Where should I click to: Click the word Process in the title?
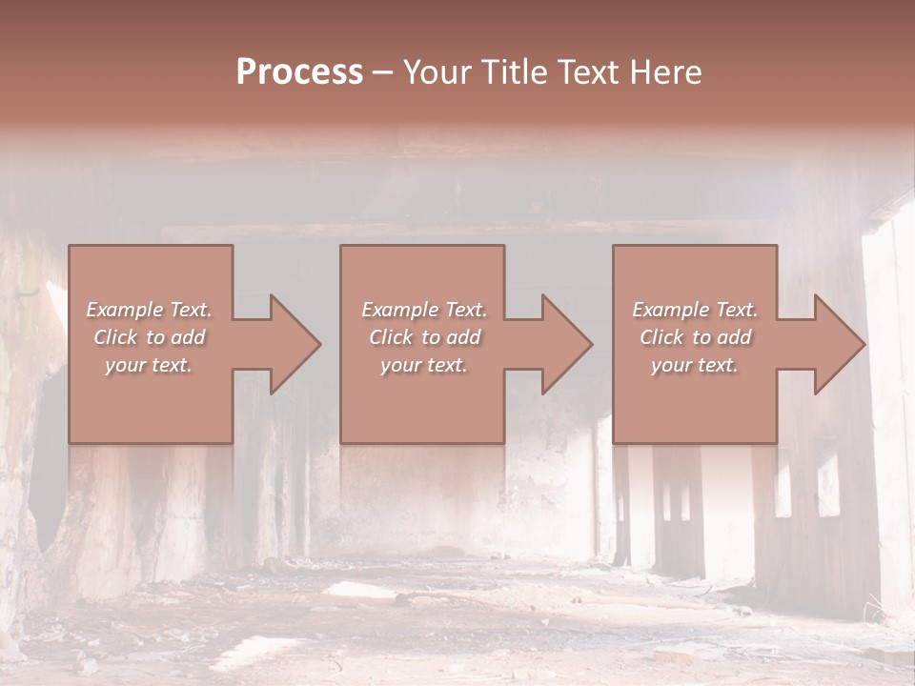pos(299,72)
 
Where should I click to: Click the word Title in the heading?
pos(511,72)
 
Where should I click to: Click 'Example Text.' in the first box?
pos(149,310)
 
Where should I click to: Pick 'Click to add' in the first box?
pos(149,337)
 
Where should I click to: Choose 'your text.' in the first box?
pos(149,365)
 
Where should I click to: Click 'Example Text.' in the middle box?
pos(424,310)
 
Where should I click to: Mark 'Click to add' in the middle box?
pos(424,337)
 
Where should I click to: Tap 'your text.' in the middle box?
pos(424,365)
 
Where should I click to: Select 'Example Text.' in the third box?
pos(695,310)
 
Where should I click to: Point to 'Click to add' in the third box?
pos(695,337)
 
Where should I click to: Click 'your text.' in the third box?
pos(695,365)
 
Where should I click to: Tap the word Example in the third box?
pos(670,310)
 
